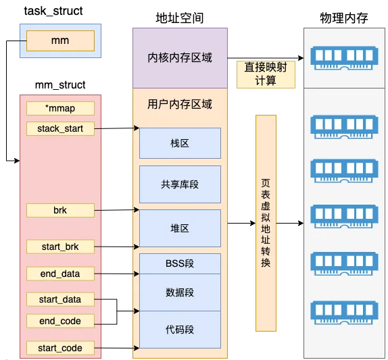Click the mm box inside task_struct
[x=60, y=41]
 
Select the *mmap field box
[x=60, y=108]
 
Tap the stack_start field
[x=60, y=128]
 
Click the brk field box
[x=60, y=210]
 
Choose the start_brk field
[x=60, y=247]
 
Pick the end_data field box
[x=60, y=274]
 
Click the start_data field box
[x=60, y=299]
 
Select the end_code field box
[x=60, y=320]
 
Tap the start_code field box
[x=60, y=348]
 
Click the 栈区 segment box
[x=180, y=143]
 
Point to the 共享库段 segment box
[x=180, y=184]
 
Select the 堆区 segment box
[x=180, y=228]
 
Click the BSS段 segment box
[x=180, y=263]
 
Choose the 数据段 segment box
[x=180, y=292]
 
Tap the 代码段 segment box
[x=180, y=329]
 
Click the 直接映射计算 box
[x=266, y=74]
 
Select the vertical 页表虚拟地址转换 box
[x=266, y=223]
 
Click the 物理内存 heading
[x=343, y=18]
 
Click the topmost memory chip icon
[x=343, y=57]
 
